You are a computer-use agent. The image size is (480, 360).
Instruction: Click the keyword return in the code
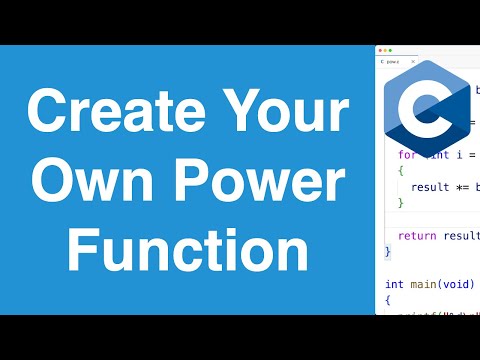click(416, 235)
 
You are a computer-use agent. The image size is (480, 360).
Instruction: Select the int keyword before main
click(394, 284)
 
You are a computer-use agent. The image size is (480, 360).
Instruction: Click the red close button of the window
click(379, 50)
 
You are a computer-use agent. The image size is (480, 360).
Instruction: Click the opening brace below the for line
click(400, 171)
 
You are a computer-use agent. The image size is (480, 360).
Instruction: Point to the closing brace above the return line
click(400, 203)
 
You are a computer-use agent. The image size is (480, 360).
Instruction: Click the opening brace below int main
click(388, 300)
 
